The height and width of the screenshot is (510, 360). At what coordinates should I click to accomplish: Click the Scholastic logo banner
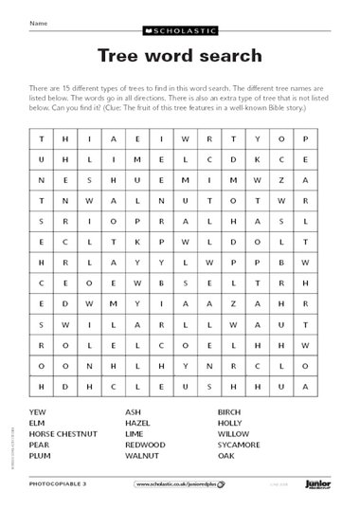tap(180, 30)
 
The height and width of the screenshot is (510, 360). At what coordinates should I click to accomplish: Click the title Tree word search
tap(180, 56)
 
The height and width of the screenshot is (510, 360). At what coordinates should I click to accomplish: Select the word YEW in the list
tap(38, 411)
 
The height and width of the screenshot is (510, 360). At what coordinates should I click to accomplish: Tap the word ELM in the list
tap(38, 422)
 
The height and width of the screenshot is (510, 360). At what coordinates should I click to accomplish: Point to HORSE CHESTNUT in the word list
tap(63, 433)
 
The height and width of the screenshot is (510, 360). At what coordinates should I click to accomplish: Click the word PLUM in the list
tap(41, 455)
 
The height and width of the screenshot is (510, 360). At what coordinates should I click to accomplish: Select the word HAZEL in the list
tap(138, 422)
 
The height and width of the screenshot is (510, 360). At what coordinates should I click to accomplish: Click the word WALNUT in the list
tap(142, 455)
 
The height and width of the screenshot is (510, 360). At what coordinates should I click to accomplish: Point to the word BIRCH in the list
tap(230, 411)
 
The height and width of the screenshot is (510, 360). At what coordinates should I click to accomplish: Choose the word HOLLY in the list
tap(231, 422)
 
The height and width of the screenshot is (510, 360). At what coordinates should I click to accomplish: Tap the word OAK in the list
tap(226, 455)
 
